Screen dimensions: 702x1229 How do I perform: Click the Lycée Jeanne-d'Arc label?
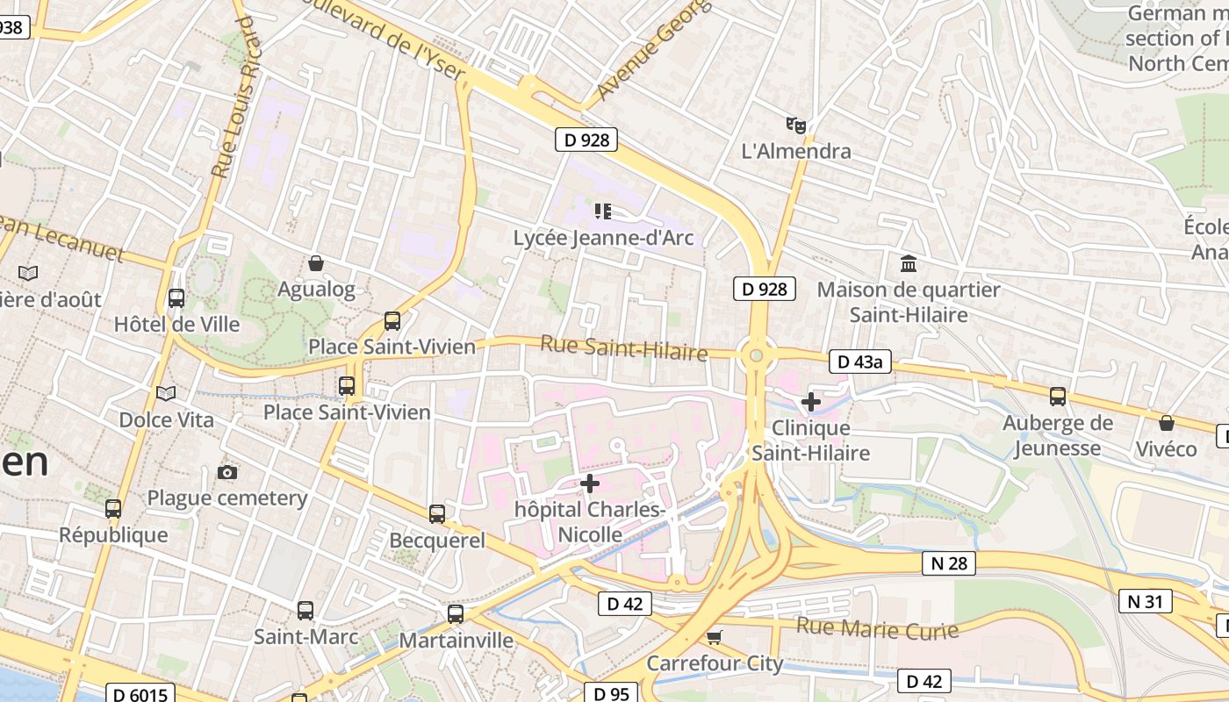click(603, 238)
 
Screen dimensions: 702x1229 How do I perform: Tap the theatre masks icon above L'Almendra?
click(796, 125)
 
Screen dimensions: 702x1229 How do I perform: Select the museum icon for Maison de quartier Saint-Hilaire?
click(909, 263)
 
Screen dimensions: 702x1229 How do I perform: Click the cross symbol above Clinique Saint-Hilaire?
click(811, 402)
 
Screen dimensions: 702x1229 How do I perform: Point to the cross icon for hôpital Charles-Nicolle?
click(590, 484)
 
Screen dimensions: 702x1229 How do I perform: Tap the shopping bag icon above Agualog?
click(316, 263)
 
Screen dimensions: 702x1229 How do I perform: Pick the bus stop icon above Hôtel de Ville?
click(176, 298)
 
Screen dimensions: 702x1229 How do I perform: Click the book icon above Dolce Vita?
click(166, 393)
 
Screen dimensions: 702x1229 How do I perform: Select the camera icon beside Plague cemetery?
click(227, 473)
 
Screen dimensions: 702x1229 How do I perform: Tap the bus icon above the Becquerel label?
click(437, 514)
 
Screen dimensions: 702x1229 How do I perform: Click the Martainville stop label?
click(456, 641)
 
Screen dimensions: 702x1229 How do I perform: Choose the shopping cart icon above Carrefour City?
click(715, 637)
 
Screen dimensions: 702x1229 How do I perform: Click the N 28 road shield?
click(949, 563)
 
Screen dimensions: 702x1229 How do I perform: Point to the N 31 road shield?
click(1146, 601)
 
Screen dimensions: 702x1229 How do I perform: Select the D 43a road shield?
click(860, 362)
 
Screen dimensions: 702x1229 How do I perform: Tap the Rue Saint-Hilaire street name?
click(623, 347)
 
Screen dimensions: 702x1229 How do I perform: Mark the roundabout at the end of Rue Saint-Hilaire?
click(756, 355)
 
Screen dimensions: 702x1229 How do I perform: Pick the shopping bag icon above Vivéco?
click(1166, 423)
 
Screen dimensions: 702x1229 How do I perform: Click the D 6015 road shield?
click(140, 693)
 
